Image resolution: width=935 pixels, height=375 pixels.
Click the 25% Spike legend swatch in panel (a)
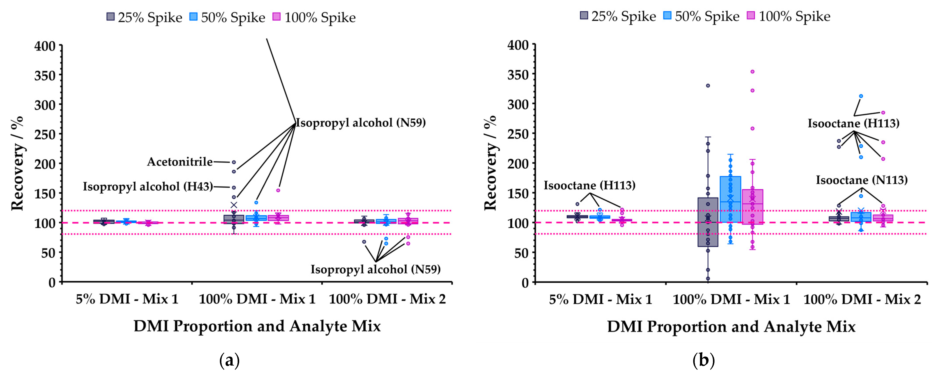point(110,17)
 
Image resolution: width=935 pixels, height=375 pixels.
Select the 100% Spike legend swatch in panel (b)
point(751,16)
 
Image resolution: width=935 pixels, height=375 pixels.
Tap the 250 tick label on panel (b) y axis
point(518,134)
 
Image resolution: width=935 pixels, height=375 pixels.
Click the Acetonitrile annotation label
point(180,162)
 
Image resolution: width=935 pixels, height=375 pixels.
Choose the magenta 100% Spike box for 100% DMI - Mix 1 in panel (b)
point(752,207)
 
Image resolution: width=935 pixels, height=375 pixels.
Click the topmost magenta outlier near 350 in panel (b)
point(752,72)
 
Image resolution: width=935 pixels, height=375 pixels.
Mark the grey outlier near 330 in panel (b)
point(708,86)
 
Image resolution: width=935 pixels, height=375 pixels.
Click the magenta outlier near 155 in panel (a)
point(278,190)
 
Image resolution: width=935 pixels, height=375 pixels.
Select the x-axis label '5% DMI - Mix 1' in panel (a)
point(127,299)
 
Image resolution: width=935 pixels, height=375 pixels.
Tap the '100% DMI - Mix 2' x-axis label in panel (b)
point(862,299)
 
